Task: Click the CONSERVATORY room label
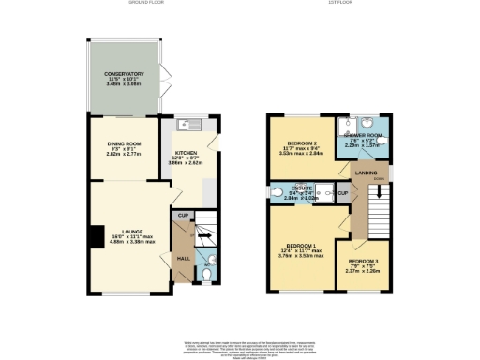pyautogui.click(x=124, y=73)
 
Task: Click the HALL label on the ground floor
pyautogui.click(x=184, y=256)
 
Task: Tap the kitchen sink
pyautogui.click(x=186, y=125)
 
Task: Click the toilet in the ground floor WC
pyautogui.click(x=211, y=262)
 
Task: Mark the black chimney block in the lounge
pyautogui.click(x=96, y=238)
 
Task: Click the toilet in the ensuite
pyautogui.click(x=277, y=194)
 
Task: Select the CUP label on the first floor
pyautogui.click(x=344, y=193)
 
